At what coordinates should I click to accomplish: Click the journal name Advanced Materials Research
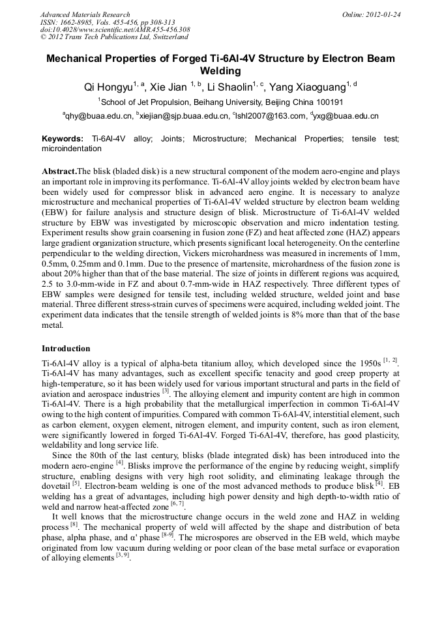click(x=85, y=14)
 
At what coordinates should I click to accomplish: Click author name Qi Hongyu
click(x=108, y=87)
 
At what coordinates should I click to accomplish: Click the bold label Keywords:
click(x=63, y=139)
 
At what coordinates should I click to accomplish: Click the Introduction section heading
click(x=66, y=349)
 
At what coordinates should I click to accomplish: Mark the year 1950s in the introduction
click(x=375, y=362)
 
